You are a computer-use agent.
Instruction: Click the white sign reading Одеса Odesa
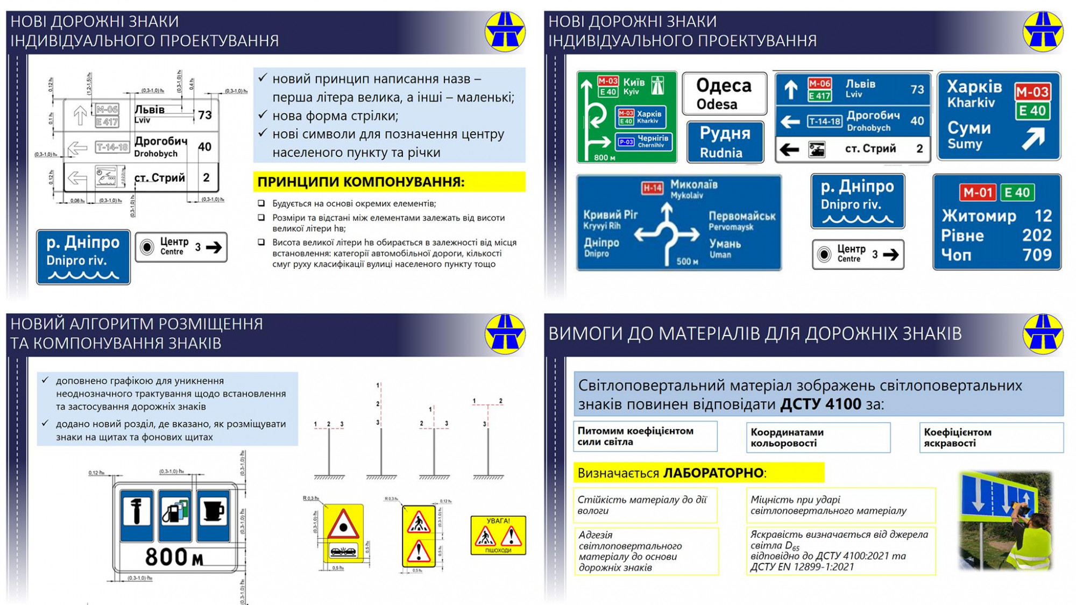click(724, 94)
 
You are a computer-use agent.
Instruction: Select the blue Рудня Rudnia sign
click(725, 142)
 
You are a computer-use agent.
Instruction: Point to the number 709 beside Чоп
click(1037, 254)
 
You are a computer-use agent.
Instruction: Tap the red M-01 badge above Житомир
click(977, 193)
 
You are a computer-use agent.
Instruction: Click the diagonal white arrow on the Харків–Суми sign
click(1033, 138)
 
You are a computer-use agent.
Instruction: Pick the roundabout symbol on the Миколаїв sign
click(667, 232)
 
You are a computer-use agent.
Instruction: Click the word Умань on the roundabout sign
click(725, 244)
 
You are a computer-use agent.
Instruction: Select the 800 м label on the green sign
click(604, 158)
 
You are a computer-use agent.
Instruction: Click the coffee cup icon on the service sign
click(213, 511)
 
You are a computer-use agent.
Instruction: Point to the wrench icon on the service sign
click(136, 511)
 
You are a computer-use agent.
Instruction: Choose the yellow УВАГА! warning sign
click(498, 535)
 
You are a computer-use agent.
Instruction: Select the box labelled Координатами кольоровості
click(818, 437)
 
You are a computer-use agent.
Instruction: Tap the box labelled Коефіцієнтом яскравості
click(991, 437)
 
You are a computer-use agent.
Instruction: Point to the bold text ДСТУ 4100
click(820, 404)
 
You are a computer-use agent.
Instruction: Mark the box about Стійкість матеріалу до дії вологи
click(645, 505)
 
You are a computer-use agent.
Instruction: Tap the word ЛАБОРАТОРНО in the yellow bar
click(713, 473)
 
